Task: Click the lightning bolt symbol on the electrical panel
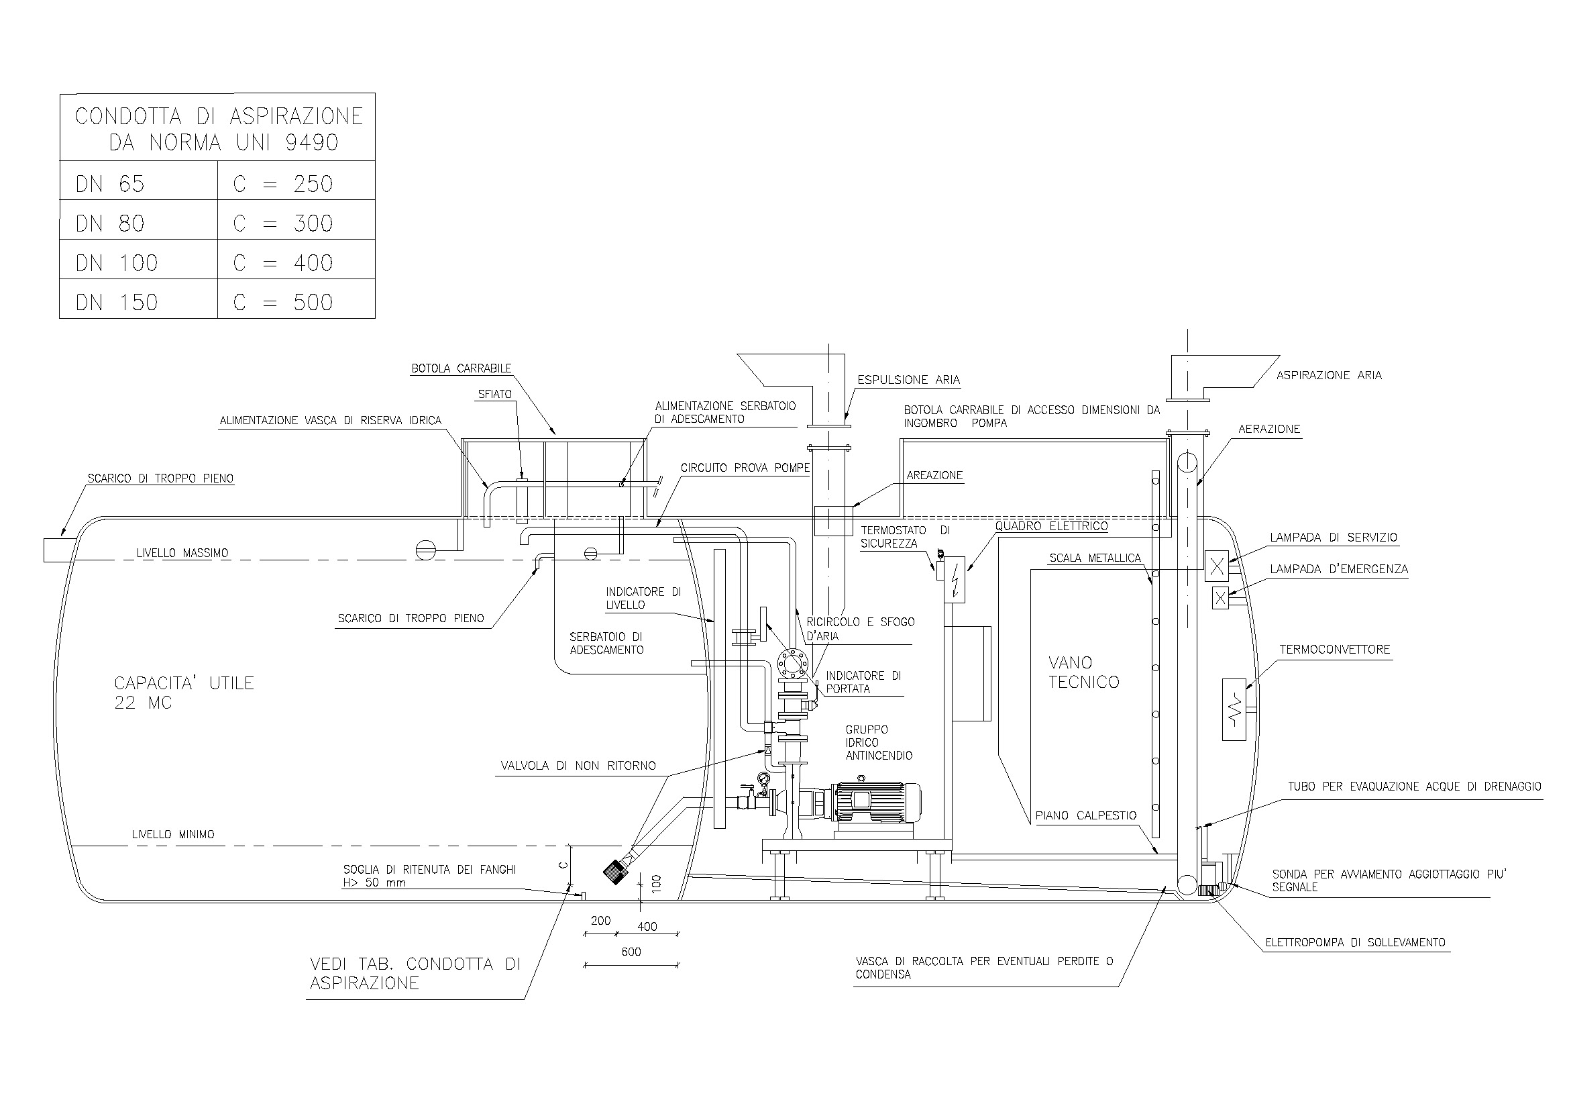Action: tap(954, 580)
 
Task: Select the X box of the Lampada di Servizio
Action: tap(1216, 566)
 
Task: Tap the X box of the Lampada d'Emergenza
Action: tap(1220, 598)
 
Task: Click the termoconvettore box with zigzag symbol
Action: tap(1234, 709)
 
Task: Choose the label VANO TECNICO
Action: tap(1084, 672)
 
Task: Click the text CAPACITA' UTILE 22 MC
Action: tap(184, 693)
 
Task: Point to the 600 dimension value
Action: tap(631, 952)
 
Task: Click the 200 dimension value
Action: tap(600, 921)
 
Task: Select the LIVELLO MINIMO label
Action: tap(173, 835)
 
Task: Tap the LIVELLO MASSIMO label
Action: tap(182, 553)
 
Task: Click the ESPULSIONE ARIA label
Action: tap(908, 380)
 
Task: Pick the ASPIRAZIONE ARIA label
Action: tap(1328, 375)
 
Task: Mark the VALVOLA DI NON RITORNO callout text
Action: tap(578, 766)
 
